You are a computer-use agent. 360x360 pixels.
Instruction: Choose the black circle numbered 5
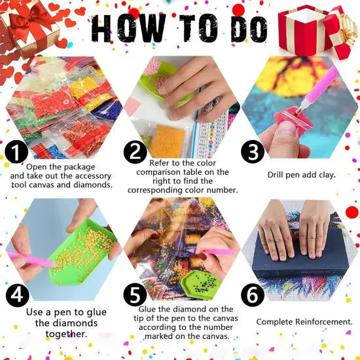click(134, 296)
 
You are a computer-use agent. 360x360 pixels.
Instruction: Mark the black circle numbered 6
click(252, 296)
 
